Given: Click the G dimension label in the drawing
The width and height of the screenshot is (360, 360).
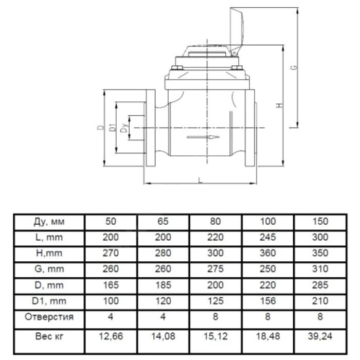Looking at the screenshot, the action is click(x=294, y=67).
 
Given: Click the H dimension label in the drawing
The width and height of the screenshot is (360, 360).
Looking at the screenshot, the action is click(x=279, y=105).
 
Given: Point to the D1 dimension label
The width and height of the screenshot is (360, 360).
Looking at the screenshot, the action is click(x=113, y=128).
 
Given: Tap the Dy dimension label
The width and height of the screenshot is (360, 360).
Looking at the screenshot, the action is click(x=124, y=128).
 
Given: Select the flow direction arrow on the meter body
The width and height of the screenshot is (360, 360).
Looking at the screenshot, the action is click(x=203, y=137).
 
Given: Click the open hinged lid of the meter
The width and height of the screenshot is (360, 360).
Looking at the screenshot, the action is click(x=237, y=31).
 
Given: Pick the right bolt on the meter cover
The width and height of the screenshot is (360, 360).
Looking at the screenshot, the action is click(x=237, y=67).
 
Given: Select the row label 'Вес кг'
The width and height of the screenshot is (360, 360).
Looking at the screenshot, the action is click(x=49, y=336).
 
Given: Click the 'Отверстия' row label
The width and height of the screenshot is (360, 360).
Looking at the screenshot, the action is click(x=49, y=317).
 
